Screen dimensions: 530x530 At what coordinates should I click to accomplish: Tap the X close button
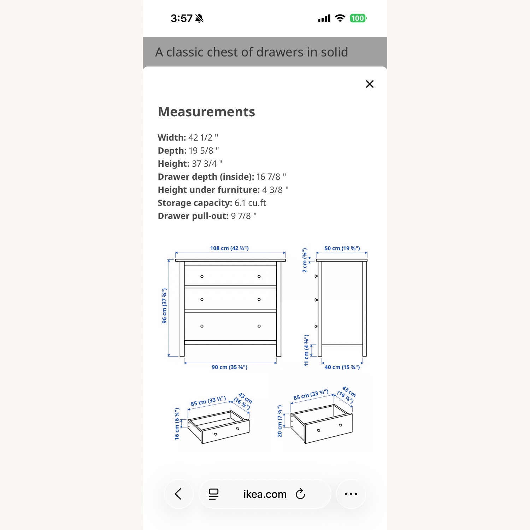[x=370, y=84]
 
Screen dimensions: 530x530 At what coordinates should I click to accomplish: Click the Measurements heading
[x=206, y=112]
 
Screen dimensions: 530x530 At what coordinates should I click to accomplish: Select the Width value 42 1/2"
[x=203, y=137]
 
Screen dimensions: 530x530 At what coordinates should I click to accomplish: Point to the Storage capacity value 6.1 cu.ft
[x=250, y=203]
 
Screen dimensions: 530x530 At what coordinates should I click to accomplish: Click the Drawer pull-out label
[x=193, y=216]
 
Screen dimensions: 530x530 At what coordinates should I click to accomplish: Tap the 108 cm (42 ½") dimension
[x=229, y=248]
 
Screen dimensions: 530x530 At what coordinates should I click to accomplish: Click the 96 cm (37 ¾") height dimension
[x=164, y=306]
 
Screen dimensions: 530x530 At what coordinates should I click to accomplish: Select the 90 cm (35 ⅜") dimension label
[x=229, y=367]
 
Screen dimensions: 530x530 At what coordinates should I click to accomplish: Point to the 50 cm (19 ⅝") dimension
[x=342, y=248]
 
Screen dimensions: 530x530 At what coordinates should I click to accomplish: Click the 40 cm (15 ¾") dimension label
[x=342, y=367]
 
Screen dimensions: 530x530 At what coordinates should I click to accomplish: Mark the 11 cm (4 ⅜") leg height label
[x=306, y=350]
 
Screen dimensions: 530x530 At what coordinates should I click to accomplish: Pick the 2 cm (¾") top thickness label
[x=305, y=260]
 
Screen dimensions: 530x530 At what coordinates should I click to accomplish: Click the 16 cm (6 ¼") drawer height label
[x=177, y=424]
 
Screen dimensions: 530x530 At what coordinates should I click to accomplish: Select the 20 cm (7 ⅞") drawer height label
[x=279, y=421]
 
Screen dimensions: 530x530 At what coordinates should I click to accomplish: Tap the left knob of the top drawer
[x=202, y=277]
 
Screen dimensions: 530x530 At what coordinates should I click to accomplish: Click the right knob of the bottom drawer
[x=259, y=326]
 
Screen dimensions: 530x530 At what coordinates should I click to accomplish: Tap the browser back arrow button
[x=178, y=494]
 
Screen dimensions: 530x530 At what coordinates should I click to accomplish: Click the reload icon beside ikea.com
[x=300, y=494]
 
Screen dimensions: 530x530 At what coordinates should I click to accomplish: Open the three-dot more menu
[x=351, y=494]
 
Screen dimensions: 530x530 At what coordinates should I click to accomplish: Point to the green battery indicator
[x=358, y=18]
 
